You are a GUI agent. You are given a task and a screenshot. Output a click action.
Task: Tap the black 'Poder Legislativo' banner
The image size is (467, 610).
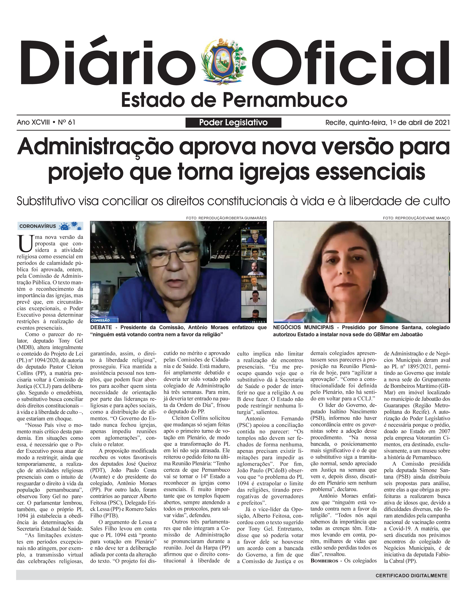pos(233,122)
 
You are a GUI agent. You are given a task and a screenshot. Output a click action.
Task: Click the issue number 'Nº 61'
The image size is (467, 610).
pos(67,122)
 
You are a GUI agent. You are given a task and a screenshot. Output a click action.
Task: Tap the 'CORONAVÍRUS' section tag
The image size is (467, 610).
pos(38,226)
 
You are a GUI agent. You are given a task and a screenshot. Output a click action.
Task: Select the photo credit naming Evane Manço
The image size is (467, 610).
pos(416,218)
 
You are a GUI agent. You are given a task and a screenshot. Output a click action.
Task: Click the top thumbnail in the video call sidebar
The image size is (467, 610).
pos(254,237)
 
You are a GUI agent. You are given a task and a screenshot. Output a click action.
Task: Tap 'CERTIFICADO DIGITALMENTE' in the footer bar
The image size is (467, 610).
pos(411,575)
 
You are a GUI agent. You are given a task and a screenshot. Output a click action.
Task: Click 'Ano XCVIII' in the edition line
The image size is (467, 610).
pos(33,122)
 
